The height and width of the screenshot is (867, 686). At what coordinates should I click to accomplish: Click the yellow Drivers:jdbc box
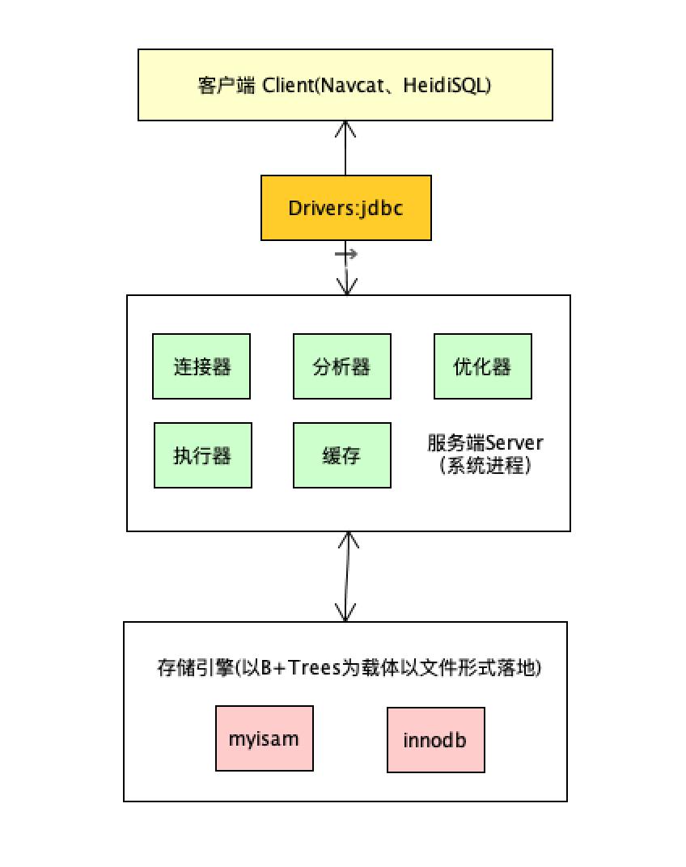click(x=345, y=209)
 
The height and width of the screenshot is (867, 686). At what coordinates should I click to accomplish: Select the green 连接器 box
click(x=201, y=366)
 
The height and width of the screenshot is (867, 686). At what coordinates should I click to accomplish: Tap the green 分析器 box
click(x=341, y=366)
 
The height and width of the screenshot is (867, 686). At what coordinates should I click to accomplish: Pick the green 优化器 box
click(x=482, y=366)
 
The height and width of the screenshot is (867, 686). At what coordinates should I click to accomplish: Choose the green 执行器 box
click(x=202, y=455)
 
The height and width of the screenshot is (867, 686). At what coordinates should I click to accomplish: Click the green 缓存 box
click(x=341, y=455)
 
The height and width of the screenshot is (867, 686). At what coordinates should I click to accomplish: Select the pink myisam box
click(x=264, y=739)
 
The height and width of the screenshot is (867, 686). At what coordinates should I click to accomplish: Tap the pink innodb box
click(x=435, y=739)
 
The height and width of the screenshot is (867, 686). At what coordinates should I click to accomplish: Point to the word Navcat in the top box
click(x=343, y=86)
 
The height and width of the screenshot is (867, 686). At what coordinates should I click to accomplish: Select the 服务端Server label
click(x=485, y=443)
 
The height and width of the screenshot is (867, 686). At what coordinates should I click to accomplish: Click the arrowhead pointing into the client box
click(x=346, y=127)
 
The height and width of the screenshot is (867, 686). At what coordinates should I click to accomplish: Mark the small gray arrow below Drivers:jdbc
click(x=346, y=255)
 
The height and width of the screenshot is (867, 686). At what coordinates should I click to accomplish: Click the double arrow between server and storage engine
click(x=347, y=576)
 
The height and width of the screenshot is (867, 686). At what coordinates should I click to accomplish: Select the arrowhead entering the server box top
click(x=347, y=288)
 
